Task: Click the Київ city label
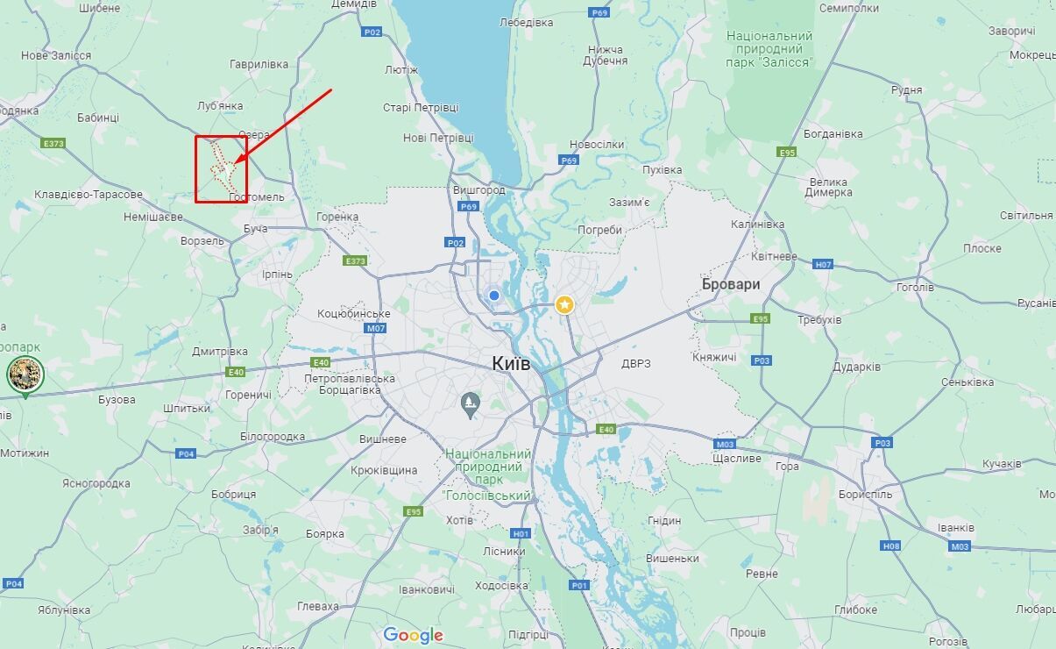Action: (x=511, y=364)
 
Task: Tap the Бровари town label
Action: (x=731, y=285)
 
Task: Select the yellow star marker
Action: (x=565, y=304)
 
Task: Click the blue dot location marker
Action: (x=494, y=296)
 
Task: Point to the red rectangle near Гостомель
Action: (x=221, y=169)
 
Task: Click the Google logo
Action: (x=413, y=635)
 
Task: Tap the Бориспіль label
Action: (x=865, y=494)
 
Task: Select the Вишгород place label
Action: (x=479, y=189)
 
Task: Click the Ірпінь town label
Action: (x=277, y=275)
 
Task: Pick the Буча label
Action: (x=255, y=228)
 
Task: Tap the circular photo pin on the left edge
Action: (x=25, y=374)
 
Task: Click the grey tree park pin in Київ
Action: (x=471, y=404)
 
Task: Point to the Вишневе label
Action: (x=383, y=439)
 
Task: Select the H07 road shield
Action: (x=823, y=264)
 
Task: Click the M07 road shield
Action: (x=376, y=328)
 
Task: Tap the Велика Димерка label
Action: (x=828, y=187)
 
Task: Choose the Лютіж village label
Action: (x=400, y=69)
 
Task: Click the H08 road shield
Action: (x=890, y=546)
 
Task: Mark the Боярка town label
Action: (x=324, y=533)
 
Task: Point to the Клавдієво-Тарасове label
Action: (x=88, y=194)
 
